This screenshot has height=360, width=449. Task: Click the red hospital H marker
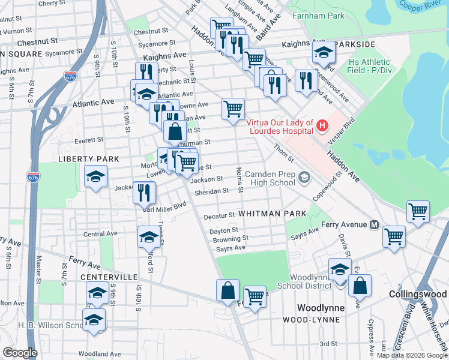coord(322,125)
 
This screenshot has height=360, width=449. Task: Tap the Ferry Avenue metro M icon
coord(374,225)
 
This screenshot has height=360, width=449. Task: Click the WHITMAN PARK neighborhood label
coord(273,214)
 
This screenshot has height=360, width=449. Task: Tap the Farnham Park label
coord(318,16)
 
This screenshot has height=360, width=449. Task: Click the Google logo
coord(20,353)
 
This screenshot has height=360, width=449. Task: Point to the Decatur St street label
coord(218,215)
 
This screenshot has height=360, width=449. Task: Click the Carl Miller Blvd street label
coord(164,206)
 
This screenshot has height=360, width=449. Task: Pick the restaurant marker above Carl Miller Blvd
coord(144,191)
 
